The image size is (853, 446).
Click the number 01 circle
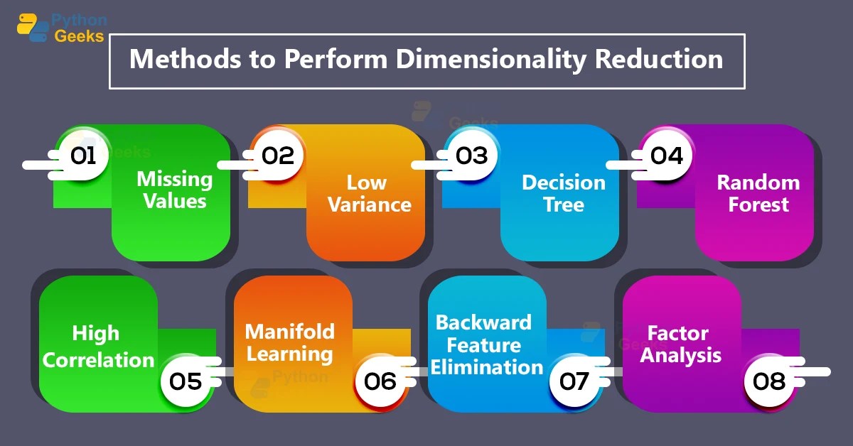(83, 156)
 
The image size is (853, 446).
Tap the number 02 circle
(277, 156)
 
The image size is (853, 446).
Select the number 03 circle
(471, 156)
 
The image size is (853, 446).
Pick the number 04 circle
(666, 156)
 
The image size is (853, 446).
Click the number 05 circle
(186, 381)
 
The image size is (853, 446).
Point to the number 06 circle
(380, 381)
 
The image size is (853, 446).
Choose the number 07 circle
(574, 381)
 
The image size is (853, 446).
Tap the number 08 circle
(769, 381)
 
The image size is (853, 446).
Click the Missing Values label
(174, 190)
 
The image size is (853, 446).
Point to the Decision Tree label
(563, 193)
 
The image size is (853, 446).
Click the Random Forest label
(758, 193)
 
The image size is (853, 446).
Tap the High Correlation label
(98, 347)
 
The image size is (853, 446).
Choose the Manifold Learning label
(289, 342)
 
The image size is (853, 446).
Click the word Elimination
(487, 367)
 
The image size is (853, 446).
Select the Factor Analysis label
(680, 344)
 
